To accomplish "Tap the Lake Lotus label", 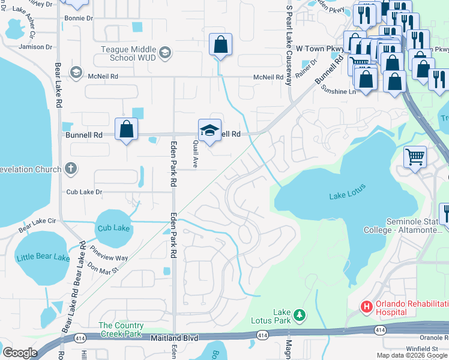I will [348, 196].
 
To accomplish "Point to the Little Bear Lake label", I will [43, 257].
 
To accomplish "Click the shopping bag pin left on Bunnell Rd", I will [127, 129].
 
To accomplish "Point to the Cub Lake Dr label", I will [85, 192].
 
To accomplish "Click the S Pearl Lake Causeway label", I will [290, 46].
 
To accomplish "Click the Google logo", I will [20, 353].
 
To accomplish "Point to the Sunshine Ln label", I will [339, 92].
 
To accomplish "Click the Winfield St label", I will [421, 349].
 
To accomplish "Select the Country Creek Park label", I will [121, 329].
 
